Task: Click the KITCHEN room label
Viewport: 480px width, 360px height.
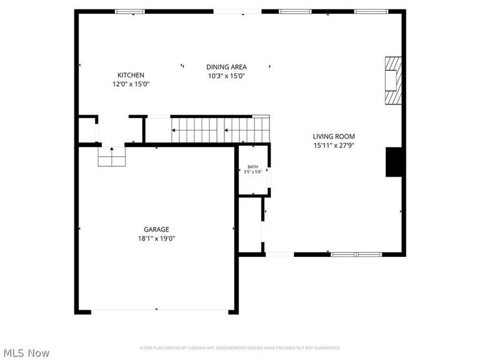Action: pos(130,75)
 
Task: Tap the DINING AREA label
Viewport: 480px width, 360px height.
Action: pos(226,67)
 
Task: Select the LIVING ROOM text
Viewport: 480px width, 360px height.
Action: pos(334,136)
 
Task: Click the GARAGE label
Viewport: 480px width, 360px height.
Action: pos(156,229)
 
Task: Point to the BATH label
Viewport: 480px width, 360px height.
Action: pos(253,167)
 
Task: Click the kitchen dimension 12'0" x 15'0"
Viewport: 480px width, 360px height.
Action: pos(130,84)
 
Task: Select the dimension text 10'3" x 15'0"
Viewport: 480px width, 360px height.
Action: pos(226,76)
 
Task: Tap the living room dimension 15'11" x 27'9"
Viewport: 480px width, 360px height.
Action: pos(334,145)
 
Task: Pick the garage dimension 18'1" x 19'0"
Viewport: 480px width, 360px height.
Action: pos(156,238)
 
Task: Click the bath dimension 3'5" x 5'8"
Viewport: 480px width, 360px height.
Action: pos(253,172)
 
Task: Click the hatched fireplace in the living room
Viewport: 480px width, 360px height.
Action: pos(393,80)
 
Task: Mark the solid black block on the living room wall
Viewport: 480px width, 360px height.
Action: pos(394,162)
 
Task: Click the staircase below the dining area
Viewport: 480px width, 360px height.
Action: pos(220,130)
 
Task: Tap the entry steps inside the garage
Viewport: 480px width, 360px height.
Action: pos(112,157)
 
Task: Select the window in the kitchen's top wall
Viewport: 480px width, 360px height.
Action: pos(130,11)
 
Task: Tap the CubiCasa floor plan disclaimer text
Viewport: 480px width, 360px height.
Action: pos(240,348)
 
